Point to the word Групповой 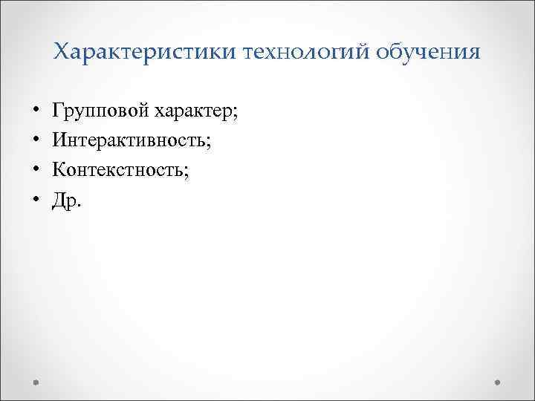pyautogui.click(x=100, y=112)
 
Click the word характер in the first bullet pyautogui.click(x=194, y=112)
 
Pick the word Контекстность pyautogui.click(x=119, y=170)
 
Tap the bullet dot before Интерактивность pyautogui.click(x=36, y=142)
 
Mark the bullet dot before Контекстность pyautogui.click(x=36, y=171)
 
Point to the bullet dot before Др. pyautogui.click(x=36, y=200)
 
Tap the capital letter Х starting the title pyautogui.click(x=61, y=52)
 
